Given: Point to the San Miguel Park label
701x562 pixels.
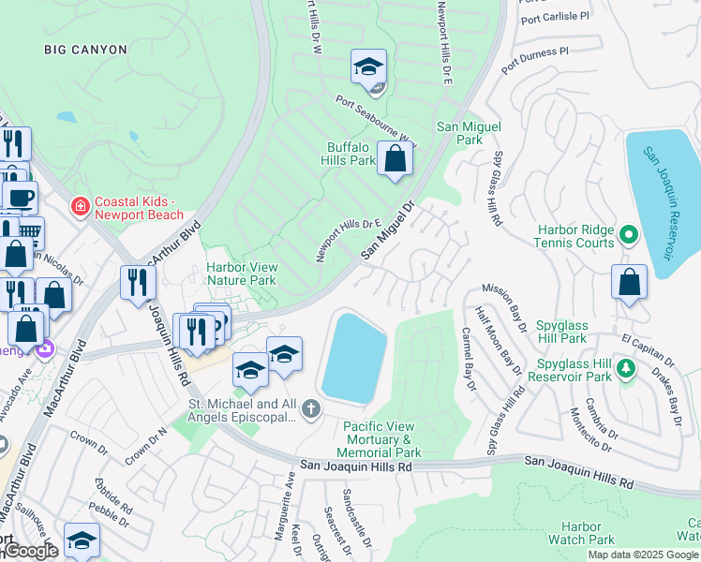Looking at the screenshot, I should pos(469,132).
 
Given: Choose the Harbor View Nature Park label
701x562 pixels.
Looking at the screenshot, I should pos(241,273).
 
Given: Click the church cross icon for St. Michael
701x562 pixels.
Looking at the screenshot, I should pos(311,408).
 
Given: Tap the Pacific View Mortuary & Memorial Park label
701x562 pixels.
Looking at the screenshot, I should pos(379,438).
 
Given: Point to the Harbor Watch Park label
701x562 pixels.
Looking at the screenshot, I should pos(588,533).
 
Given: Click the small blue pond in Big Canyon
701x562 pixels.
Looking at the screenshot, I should pos(66,118).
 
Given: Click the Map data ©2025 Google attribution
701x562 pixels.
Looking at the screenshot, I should pos(643,555).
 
